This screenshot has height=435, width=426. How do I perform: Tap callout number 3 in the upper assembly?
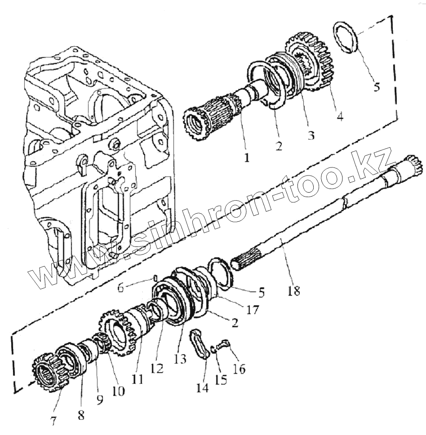coord(310,135)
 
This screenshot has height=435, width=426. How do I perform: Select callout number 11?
coord(137,379)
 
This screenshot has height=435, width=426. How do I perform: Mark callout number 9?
coord(98,399)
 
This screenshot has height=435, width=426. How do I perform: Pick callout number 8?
coord(80,415)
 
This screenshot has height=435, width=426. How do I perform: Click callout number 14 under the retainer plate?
coord(202,387)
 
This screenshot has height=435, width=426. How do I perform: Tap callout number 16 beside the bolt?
coord(239,369)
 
